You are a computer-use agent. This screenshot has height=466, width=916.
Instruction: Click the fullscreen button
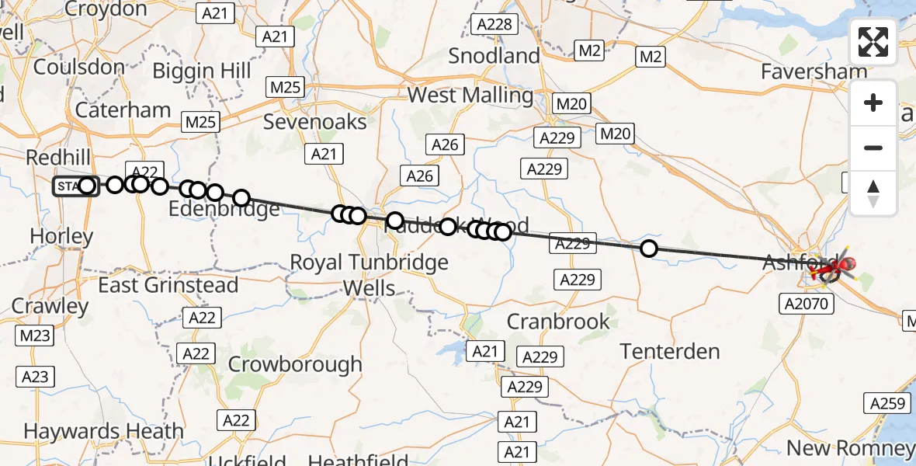(873, 42)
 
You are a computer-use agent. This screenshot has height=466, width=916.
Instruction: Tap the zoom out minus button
(873, 148)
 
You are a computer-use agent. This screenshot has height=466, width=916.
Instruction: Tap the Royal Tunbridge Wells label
(369, 275)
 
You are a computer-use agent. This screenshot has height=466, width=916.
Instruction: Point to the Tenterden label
(670, 352)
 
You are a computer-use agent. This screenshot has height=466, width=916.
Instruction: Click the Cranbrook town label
(557, 321)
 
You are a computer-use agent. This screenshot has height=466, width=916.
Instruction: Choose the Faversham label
(814, 71)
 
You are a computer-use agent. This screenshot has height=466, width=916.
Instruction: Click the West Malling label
(470, 96)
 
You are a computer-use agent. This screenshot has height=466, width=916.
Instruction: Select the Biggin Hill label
(202, 71)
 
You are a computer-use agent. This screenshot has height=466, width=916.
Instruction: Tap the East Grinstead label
(168, 286)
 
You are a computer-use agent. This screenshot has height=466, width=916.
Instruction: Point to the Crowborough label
(295, 364)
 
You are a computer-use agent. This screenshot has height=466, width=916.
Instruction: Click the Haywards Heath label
(103, 431)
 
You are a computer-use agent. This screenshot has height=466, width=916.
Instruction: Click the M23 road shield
(34, 336)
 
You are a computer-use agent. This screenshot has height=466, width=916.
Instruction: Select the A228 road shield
(494, 24)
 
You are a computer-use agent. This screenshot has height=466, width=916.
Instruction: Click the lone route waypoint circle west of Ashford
(648, 249)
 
